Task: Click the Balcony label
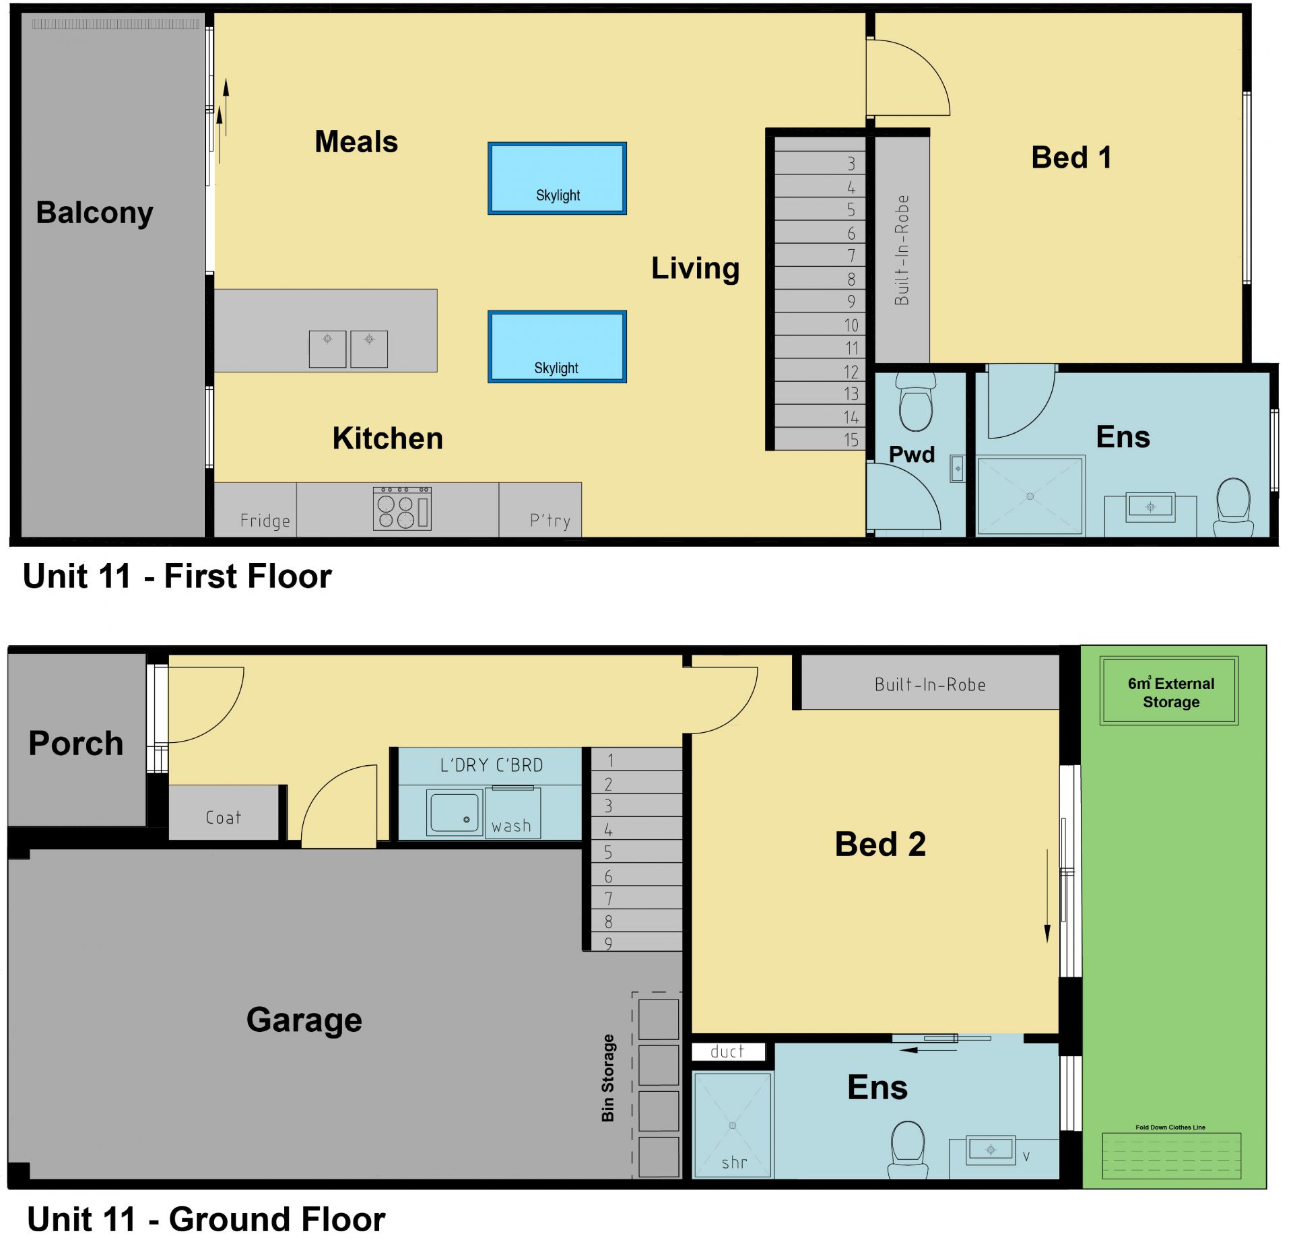(94, 213)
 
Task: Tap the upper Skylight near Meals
(557, 178)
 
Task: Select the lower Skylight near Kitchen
(557, 347)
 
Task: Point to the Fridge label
(265, 521)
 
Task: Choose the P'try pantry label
(550, 521)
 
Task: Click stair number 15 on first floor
(851, 440)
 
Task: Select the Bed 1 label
(1071, 158)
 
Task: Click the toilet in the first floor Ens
(1234, 507)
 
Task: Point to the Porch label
(76, 744)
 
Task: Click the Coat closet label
(223, 818)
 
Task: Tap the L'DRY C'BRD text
(491, 765)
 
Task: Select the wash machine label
(511, 826)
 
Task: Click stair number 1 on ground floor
(611, 760)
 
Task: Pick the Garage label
(304, 1020)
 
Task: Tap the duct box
(729, 1051)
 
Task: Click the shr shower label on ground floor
(734, 1163)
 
